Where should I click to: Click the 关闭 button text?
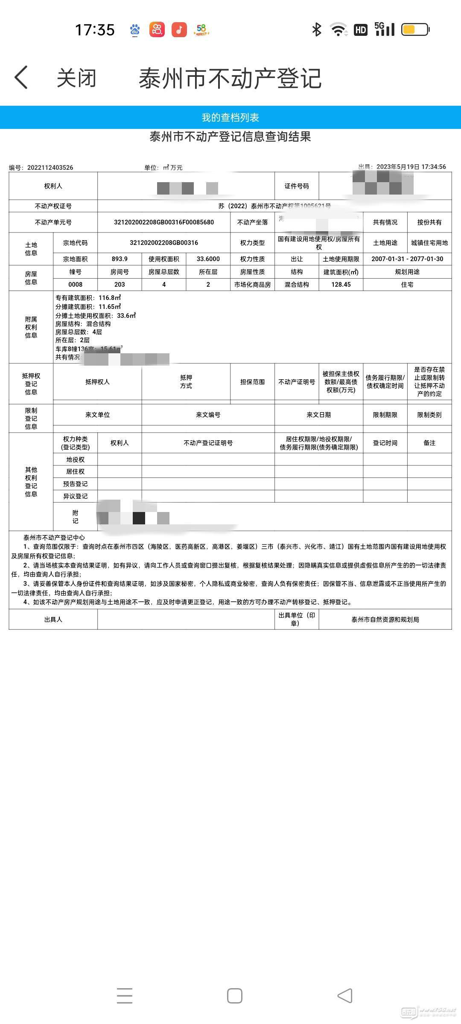pos(76,78)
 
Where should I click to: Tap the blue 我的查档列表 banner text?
pos(230,117)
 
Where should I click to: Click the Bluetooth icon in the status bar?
pos(316,29)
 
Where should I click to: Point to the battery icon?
pos(415,29)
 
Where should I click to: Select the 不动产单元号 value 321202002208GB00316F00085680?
pos(164,222)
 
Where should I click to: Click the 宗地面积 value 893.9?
pos(120,259)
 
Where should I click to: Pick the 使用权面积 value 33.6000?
pos(208,259)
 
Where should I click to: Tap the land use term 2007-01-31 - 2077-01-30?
pos(407,259)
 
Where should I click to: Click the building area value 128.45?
pos(341,285)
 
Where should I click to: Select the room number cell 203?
pos(120,285)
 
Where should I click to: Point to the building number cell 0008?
pos(75,285)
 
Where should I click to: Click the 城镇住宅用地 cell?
pos(429,243)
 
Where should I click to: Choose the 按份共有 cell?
pos(429,222)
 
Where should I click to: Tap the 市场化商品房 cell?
pos(252,285)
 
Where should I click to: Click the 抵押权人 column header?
pos(97,382)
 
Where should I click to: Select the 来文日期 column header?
pos(318,415)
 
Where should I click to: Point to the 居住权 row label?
pos(75,471)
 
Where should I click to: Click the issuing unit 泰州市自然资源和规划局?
pos(385,620)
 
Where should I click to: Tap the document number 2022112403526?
pos(50,168)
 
